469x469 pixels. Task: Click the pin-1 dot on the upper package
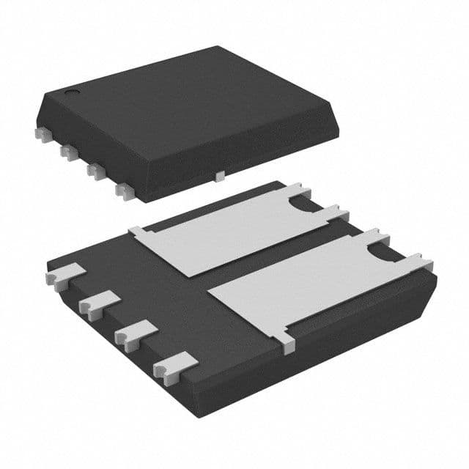point(73,93)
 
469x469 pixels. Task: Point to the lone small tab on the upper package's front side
point(219,176)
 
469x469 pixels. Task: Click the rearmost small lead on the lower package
point(62,277)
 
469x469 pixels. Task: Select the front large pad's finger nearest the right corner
point(420,260)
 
